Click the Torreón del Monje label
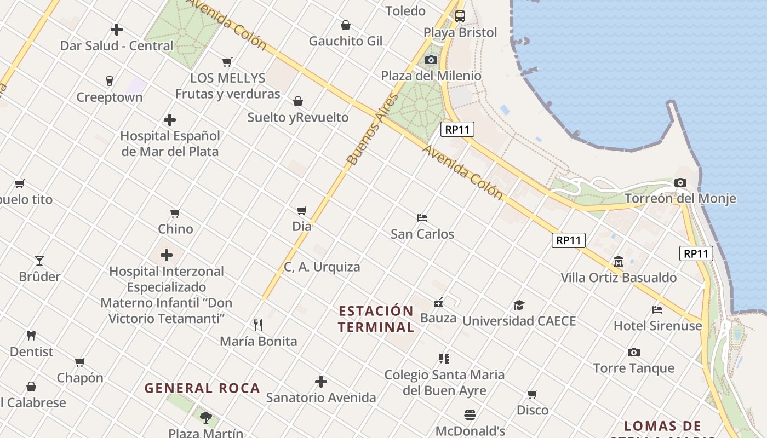[680, 198]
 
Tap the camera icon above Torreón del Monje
[680, 183]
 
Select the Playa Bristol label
[460, 33]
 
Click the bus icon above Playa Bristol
[460, 16]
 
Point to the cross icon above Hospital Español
[170, 119]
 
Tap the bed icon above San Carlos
[422, 218]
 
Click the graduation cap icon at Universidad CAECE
[519, 305]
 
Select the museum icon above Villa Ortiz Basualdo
[619, 261]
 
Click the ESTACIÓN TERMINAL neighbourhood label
[376, 319]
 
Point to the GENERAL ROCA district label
[202, 388]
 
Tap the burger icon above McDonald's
[470, 414]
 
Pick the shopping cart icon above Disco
[533, 394]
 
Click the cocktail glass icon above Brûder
[39, 260]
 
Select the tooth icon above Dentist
[31, 335]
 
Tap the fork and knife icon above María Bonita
[258, 325]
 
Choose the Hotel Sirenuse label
[657, 326]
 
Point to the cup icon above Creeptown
[109, 81]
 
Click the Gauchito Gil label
[346, 41]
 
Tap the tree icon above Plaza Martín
[205, 418]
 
